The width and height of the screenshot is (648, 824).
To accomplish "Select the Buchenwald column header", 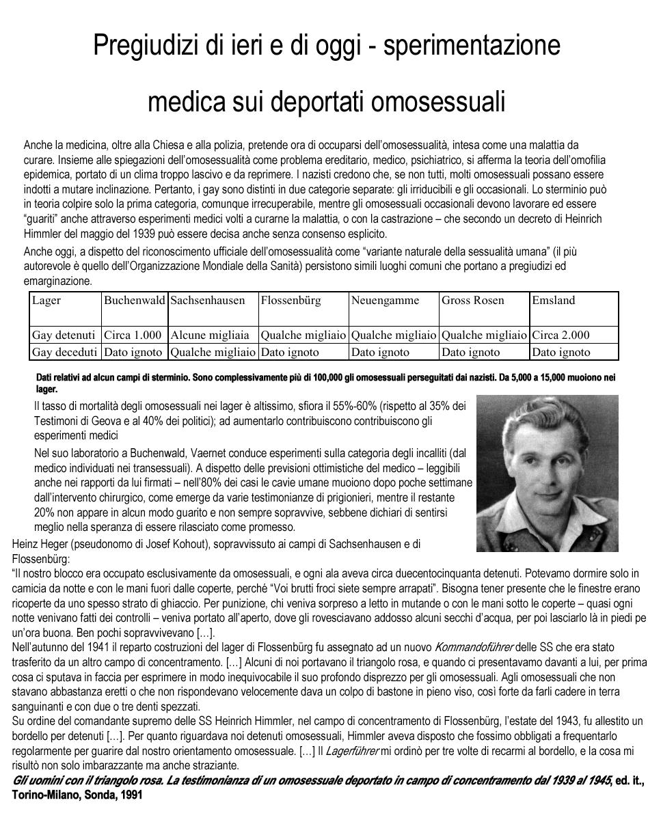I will coord(134,300).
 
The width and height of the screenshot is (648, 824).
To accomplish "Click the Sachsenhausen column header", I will coord(208,300).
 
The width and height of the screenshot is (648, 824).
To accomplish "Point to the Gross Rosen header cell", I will coord(473,300).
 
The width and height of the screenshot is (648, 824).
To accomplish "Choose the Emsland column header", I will coord(554,300).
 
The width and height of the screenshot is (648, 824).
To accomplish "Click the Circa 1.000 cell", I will coord(133,335).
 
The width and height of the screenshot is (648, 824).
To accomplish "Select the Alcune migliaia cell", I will coord(210,335).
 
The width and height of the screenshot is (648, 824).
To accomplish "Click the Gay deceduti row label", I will coord(64,352).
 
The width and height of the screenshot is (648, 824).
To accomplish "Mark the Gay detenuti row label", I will coord(64,335).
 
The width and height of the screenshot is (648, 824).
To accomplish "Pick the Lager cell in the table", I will coord(46,300).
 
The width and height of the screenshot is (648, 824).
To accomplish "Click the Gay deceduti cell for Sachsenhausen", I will coord(213,352).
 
